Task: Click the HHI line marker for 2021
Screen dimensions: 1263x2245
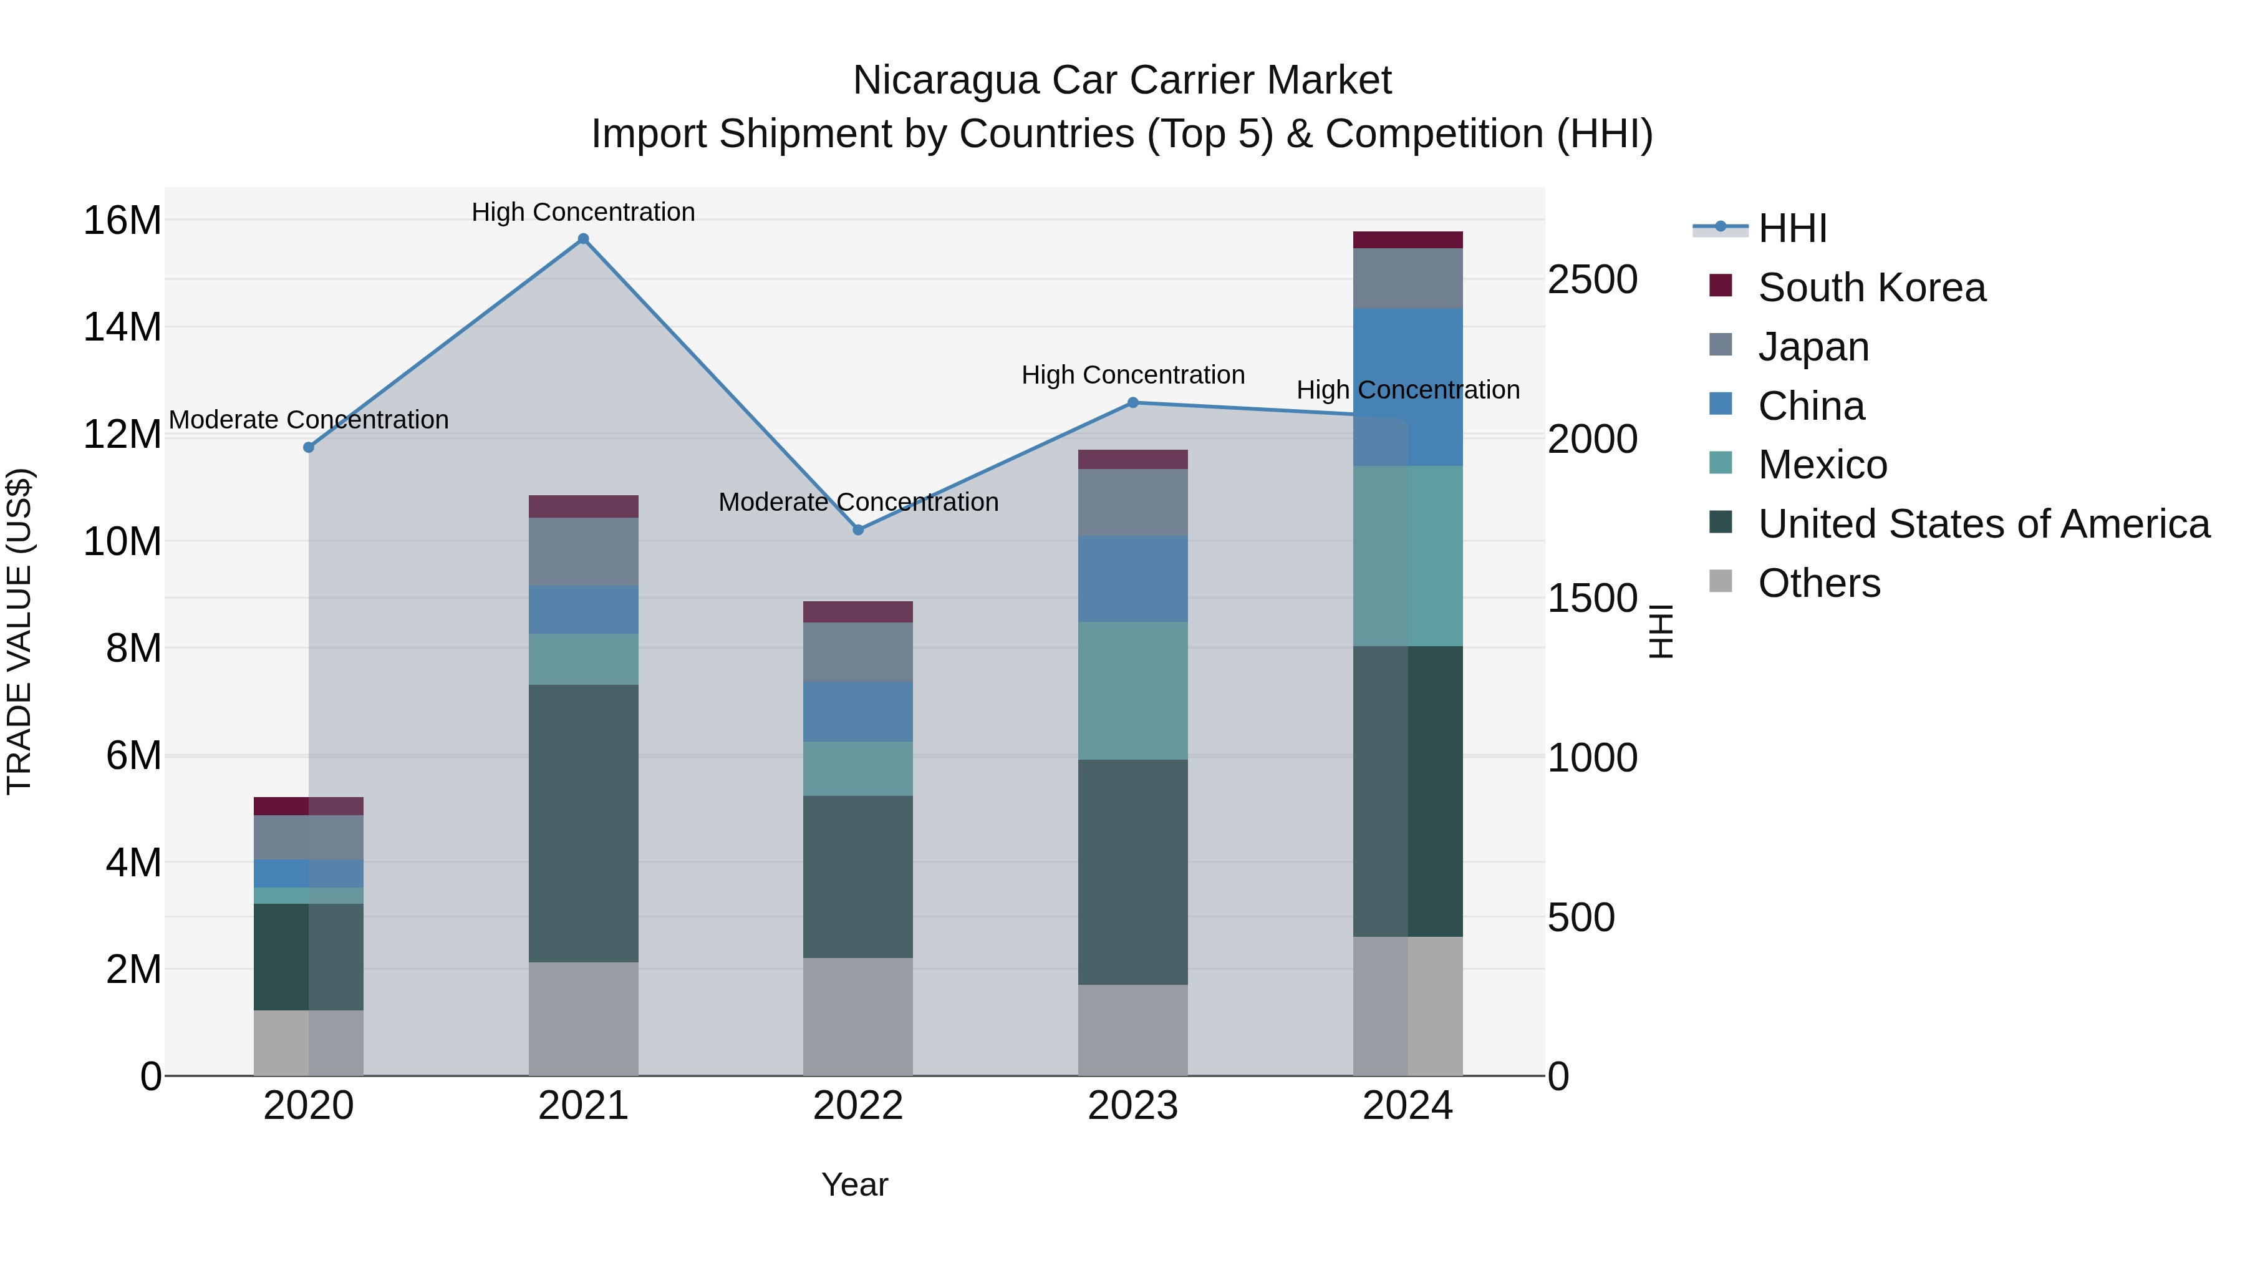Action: (583, 239)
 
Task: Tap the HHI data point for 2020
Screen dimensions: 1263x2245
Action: (309, 447)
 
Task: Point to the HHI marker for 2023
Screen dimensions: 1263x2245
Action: (1133, 403)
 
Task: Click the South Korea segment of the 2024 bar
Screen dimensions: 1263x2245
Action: (1407, 240)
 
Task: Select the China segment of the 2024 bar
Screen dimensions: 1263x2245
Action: (1407, 387)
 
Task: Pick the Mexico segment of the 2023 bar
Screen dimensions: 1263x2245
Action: (1133, 690)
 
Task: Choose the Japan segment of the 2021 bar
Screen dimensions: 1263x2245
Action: (583, 552)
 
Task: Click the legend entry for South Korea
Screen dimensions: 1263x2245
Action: (1871, 288)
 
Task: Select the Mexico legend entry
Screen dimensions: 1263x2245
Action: (1822, 465)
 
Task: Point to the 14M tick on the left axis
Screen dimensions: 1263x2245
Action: (122, 327)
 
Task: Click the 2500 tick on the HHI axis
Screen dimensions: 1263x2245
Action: (1592, 280)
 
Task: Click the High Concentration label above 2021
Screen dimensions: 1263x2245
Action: (583, 212)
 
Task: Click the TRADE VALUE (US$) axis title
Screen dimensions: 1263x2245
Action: (19, 631)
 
